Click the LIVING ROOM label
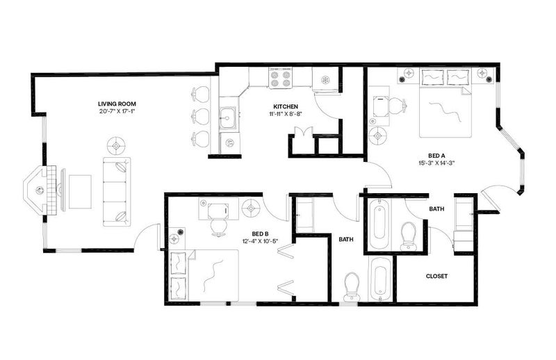point(117,104)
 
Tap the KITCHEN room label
point(286,106)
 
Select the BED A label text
point(436,156)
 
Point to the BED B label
point(260,234)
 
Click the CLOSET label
point(436,276)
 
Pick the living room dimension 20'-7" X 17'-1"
point(117,111)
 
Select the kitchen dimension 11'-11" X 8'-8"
point(286,114)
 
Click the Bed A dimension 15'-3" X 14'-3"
point(436,163)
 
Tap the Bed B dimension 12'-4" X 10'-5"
point(260,241)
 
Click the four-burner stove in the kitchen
point(281,79)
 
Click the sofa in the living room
point(117,192)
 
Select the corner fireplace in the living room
point(39,190)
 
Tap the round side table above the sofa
point(117,145)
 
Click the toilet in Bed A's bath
point(409,236)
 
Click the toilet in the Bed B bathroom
point(352,286)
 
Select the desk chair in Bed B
point(218,227)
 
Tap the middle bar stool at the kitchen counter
point(200,116)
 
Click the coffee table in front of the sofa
point(80,192)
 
